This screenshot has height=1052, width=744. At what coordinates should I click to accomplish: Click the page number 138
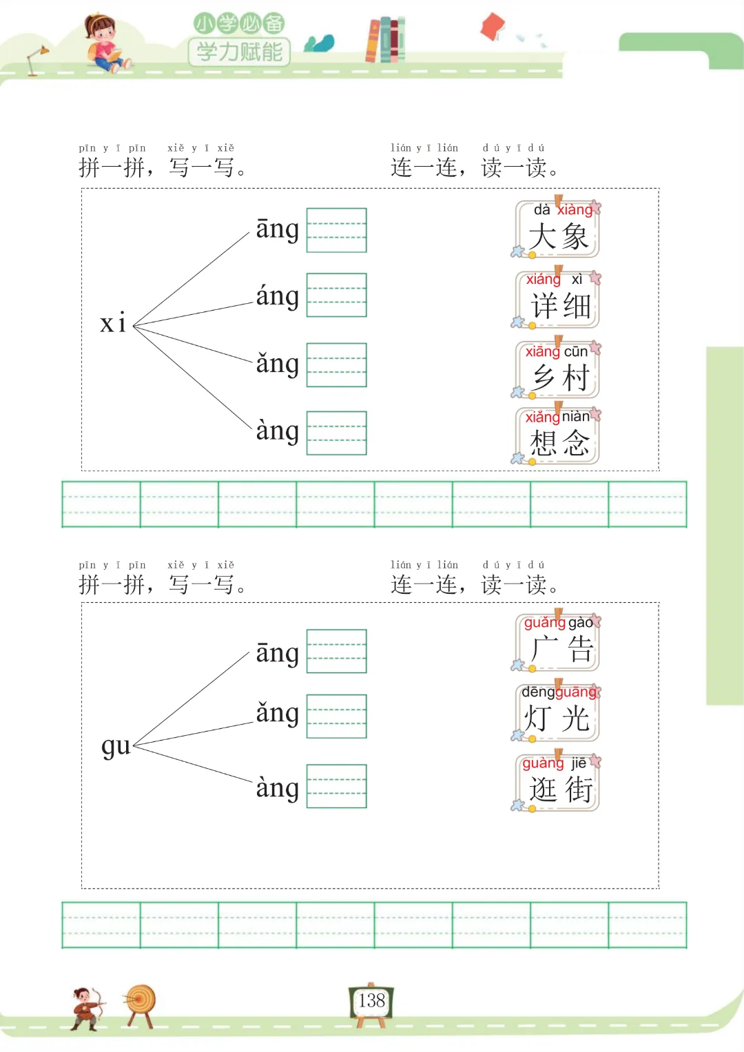[x=371, y=1000]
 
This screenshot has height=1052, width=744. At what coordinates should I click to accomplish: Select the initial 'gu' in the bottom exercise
[x=116, y=745]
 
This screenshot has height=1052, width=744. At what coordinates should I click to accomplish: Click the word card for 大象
[x=558, y=230]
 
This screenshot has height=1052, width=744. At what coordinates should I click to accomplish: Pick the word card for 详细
[x=558, y=300]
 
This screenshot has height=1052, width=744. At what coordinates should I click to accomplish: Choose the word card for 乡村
[x=558, y=371]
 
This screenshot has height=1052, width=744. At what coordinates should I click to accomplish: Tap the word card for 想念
[x=558, y=437]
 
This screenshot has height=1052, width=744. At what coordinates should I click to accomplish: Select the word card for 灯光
[x=558, y=712]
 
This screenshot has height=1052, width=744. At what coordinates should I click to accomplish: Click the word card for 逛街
[x=558, y=783]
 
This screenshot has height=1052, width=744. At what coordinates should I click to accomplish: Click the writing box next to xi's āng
[x=336, y=230]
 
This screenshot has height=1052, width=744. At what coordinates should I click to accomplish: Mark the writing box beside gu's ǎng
[x=336, y=716]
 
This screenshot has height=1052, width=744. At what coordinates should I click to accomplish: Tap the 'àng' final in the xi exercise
[x=277, y=431]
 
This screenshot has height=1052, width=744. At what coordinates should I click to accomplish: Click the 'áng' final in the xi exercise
[x=277, y=296]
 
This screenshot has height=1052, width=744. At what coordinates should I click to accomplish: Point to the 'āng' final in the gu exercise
[x=277, y=652]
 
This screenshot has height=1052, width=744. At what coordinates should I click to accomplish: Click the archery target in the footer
[x=141, y=1002]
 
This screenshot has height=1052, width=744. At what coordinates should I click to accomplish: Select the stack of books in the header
[x=386, y=40]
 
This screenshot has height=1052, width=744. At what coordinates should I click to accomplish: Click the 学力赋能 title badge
[x=239, y=52]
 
